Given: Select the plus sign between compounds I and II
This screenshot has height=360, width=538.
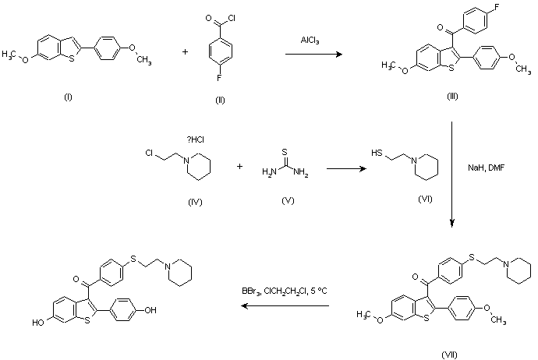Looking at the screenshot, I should point(186,53).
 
